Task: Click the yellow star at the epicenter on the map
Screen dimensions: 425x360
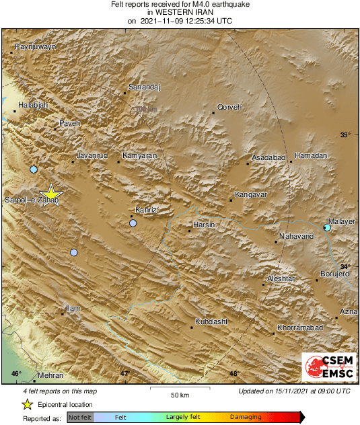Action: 50,194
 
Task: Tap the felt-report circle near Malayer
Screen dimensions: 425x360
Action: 327,228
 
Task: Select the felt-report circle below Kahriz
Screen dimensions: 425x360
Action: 133,223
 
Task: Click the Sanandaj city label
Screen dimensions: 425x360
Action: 145,87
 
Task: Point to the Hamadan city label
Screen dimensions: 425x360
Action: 311,155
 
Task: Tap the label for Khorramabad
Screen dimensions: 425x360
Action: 300,327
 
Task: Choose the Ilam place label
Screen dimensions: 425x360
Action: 73,308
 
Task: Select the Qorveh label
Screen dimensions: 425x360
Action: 229,107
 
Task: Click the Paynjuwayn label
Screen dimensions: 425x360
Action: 35,46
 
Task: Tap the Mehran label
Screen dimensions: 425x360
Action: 50,375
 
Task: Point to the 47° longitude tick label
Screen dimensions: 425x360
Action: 125,373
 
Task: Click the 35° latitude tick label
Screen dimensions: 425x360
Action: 345,135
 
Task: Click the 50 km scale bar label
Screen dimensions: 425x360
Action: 178,393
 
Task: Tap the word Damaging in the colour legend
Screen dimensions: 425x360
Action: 246,418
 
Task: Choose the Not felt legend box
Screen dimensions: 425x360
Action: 80,418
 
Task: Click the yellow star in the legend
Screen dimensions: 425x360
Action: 27,404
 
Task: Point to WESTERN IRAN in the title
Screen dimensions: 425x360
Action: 180,12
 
